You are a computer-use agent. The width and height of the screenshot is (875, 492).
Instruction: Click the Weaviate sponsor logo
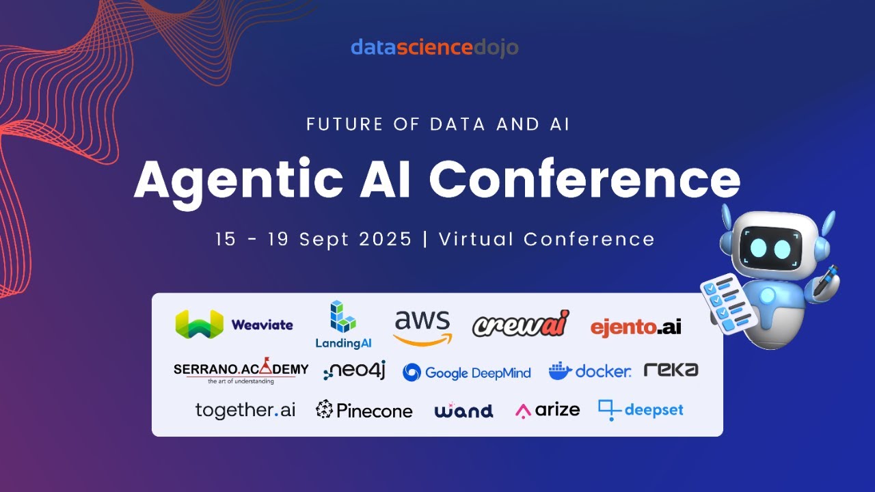[234, 325]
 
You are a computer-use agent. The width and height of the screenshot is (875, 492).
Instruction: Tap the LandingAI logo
[343, 325]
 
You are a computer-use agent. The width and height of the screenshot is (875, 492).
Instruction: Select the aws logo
[422, 328]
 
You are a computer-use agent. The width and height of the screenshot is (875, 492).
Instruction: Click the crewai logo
[521, 324]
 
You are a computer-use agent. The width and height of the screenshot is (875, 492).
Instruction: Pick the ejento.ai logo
[636, 327]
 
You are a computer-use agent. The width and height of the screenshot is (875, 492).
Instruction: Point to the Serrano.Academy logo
[241, 370]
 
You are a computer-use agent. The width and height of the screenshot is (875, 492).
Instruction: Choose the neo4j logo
[355, 370]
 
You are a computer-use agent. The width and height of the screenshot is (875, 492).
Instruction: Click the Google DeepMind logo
[467, 372]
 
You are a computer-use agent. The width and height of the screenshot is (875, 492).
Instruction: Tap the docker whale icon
[560, 371]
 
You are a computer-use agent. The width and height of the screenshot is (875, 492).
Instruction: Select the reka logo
[671, 370]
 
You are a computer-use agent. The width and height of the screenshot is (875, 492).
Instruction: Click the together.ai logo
[245, 411]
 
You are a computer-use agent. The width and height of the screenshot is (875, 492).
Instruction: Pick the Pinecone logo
[364, 410]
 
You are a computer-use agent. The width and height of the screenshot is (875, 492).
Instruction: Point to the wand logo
[463, 410]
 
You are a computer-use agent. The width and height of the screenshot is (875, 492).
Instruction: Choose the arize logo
[548, 410]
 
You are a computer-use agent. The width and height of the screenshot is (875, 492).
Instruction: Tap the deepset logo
[641, 410]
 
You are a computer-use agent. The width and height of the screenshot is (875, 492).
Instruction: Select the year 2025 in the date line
[386, 239]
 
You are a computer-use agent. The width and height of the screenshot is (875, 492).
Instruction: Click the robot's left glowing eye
[758, 248]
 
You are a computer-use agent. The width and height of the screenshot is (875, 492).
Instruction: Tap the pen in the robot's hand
[826, 280]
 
